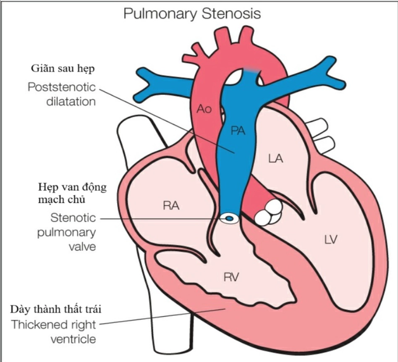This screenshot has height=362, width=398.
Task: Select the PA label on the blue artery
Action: click(238, 131)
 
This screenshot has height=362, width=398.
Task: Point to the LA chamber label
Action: click(275, 158)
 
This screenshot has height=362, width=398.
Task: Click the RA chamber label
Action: click(170, 206)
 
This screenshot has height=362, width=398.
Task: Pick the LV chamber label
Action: click(331, 239)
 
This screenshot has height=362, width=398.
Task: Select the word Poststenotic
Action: click(62, 87)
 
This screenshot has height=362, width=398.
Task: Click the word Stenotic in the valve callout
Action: click(73, 218)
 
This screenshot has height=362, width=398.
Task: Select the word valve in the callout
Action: click(82, 246)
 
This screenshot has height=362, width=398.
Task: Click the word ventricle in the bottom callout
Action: click(73, 339)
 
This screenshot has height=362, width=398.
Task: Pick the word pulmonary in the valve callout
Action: click(67, 232)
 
